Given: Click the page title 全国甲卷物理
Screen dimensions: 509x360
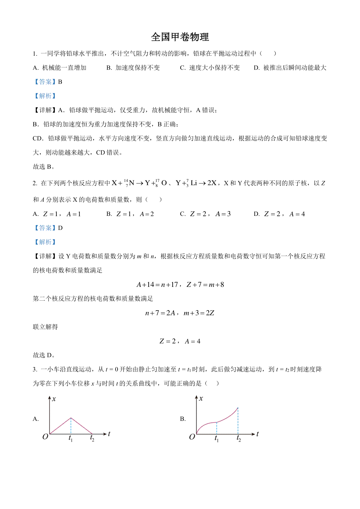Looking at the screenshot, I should click(180, 37).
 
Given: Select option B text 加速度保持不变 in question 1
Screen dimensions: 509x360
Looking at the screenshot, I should click(138, 68).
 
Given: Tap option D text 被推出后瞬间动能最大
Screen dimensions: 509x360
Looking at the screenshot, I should click(295, 68).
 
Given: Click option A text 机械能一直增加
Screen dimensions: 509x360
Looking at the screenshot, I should click(64, 68).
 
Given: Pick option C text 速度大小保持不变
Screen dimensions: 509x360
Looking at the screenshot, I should click(214, 68).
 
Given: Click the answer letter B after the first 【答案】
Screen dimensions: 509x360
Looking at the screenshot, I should click(60, 82).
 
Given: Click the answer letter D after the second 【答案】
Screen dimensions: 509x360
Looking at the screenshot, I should click(60, 228).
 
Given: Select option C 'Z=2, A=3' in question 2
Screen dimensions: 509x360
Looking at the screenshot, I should click(210, 214).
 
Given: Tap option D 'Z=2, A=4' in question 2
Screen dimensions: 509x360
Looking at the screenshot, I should click(284, 214).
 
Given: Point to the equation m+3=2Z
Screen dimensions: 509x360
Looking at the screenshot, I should click(199, 313).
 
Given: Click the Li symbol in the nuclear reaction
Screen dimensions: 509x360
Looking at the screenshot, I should click(194, 183).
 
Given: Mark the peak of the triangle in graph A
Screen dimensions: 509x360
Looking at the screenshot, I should click(71, 418).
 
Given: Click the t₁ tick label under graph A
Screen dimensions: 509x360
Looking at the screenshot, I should click(70, 439).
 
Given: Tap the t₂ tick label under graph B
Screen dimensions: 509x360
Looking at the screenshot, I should click(238, 439).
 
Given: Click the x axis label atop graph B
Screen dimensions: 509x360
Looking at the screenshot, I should click(201, 399).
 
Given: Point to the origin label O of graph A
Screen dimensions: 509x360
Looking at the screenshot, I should click(45, 437).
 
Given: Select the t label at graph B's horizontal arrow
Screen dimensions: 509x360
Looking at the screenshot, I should click(257, 434).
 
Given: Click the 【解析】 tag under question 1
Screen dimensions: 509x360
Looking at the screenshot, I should click(45, 96).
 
